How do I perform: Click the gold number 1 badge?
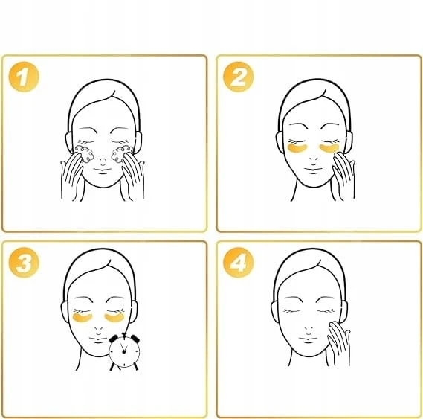(x=24, y=77)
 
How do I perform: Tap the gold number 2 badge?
(x=238, y=77)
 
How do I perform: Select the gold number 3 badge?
(x=24, y=262)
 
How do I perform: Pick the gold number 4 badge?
(x=238, y=262)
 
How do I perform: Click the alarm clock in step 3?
(x=124, y=351)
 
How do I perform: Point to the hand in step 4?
(x=338, y=343)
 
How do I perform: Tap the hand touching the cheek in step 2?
(x=343, y=176)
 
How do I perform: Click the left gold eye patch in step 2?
(x=297, y=148)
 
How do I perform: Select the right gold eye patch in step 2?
(x=329, y=148)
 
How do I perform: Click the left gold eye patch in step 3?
(x=83, y=318)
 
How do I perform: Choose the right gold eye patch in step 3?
(x=114, y=318)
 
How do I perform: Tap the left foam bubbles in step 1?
(x=83, y=154)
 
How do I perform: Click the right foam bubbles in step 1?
(x=122, y=154)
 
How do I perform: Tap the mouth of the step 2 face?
(x=313, y=170)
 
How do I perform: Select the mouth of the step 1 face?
(x=103, y=170)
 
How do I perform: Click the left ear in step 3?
(x=65, y=312)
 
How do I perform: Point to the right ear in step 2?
(x=349, y=142)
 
